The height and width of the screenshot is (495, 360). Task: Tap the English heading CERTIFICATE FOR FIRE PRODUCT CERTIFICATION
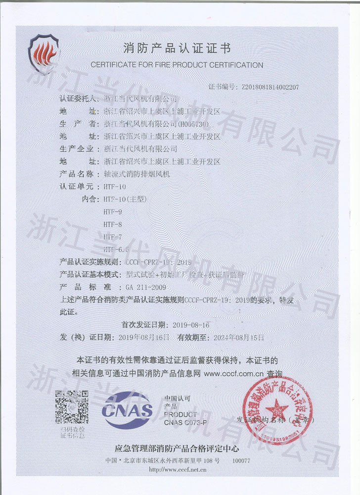coord(177,65)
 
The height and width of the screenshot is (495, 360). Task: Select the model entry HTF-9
coord(112,212)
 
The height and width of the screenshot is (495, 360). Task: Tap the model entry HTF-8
coord(112,224)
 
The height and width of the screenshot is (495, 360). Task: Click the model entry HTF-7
coord(112,237)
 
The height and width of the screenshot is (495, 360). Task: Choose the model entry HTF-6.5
coord(116,249)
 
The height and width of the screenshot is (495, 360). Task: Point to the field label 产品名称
coord(76,174)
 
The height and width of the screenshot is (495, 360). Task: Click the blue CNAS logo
coord(127,410)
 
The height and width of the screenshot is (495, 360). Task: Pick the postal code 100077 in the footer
coord(241,460)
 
